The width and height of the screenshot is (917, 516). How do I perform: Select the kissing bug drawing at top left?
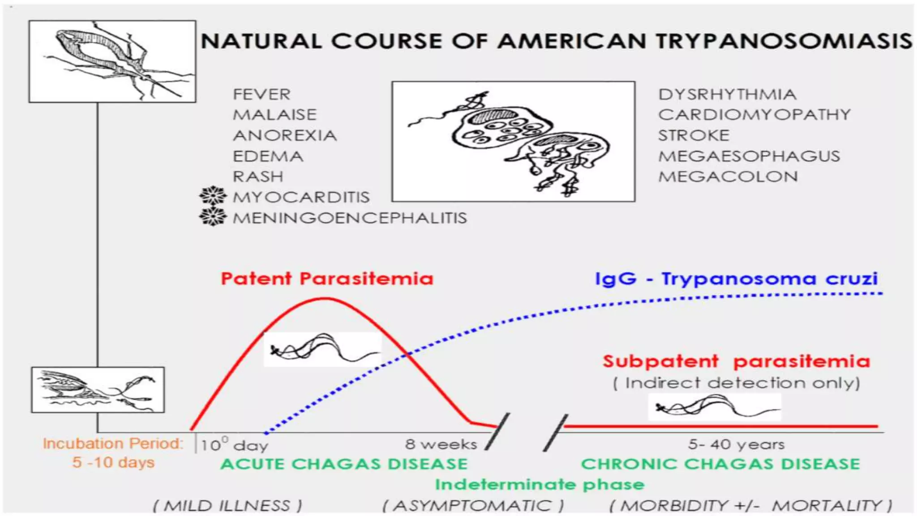(x=112, y=61)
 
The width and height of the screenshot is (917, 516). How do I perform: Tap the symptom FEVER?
(x=261, y=95)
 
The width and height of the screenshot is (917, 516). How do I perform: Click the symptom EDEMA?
(x=268, y=156)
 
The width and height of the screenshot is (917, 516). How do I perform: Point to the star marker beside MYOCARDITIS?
(x=213, y=196)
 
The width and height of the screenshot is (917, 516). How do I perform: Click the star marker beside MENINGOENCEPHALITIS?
(x=213, y=217)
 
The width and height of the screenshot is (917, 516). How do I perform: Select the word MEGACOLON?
(x=728, y=176)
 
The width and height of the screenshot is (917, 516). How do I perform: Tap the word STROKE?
(x=694, y=135)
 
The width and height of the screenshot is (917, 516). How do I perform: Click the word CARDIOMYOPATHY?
(x=754, y=115)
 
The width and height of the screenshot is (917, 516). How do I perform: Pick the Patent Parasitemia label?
(x=327, y=279)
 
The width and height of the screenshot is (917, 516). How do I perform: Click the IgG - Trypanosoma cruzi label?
(x=736, y=279)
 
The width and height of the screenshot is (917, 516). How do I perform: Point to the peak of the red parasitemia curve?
(x=326, y=299)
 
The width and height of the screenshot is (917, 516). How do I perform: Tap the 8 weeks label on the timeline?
(x=441, y=444)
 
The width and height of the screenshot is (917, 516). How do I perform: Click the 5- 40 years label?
(x=736, y=444)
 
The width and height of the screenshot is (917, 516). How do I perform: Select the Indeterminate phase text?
(x=540, y=484)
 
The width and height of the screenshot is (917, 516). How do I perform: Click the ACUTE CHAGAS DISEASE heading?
(x=344, y=464)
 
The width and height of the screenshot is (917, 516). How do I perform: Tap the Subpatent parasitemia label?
(x=736, y=361)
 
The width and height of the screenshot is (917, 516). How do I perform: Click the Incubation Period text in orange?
(x=113, y=443)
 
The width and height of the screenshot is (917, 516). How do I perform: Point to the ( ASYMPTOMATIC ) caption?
(x=473, y=506)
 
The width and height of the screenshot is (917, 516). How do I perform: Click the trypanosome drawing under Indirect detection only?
(x=714, y=407)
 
